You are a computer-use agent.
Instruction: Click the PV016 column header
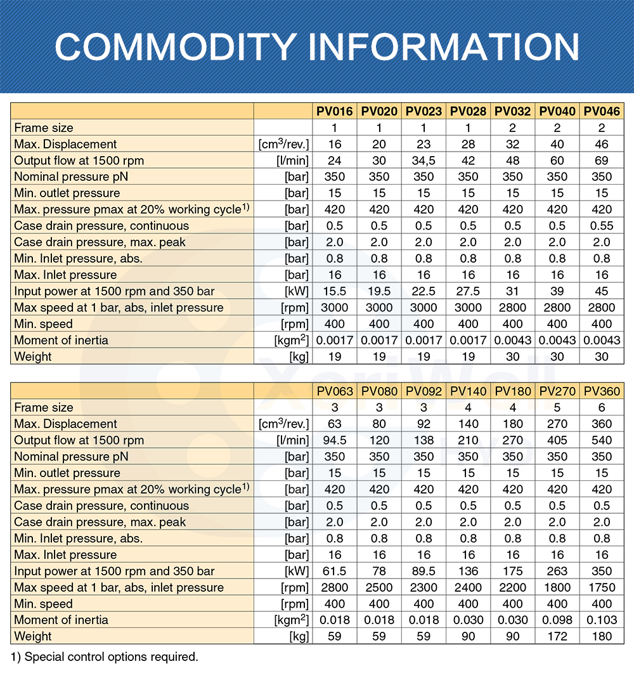point(335,112)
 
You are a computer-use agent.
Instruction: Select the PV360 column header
point(602,391)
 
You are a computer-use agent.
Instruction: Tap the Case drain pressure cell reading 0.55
point(602,226)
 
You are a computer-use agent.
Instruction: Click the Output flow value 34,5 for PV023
point(424,160)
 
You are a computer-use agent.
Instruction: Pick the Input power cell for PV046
point(602,291)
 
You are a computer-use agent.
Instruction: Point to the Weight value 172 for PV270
point(557,636)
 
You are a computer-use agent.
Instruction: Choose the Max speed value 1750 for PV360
point(602,587)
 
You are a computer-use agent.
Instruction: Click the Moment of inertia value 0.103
point(602,620)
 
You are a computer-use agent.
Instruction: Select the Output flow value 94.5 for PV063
point(335,440)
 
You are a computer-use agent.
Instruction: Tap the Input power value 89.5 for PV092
point(424,571)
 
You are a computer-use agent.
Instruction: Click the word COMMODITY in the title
point(174,46)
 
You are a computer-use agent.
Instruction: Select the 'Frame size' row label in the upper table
point(44,128)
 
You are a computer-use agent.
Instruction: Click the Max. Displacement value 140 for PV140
point(468,424)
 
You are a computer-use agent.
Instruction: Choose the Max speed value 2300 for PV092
point(424,587)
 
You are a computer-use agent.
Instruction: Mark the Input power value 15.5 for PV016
point(335,291)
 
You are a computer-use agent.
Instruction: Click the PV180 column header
point(512,391)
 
